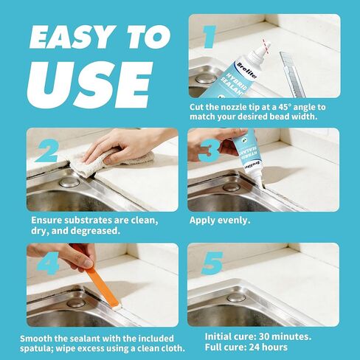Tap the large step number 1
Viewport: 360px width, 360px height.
(x=209, y=38)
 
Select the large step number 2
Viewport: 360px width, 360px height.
(x=46, y=150)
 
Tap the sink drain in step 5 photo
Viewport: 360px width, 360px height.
(x=235, y=297)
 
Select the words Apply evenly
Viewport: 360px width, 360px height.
(x=219, y=220)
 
